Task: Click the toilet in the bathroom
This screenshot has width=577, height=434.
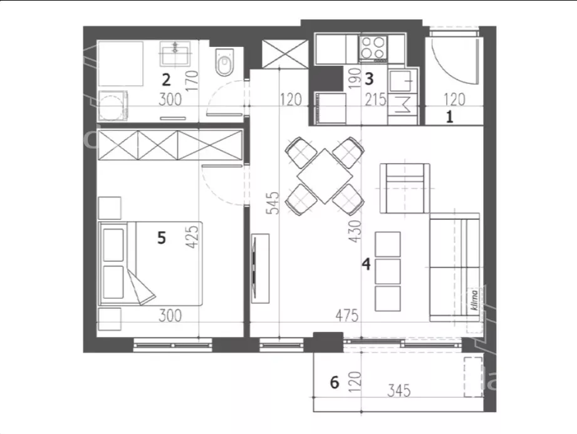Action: click(x=224, y=62)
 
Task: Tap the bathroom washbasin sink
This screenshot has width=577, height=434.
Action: click(x=175, y=54)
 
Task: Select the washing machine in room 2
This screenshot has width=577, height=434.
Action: click(x=113, y=106)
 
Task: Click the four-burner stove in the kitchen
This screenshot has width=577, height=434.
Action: click(x=373, y=48)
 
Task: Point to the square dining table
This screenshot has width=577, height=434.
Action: click(x=325, y=176)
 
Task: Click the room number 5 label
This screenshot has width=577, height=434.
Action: click(x=162, y=238)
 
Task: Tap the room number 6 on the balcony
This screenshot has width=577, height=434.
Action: click(x=335, y=383)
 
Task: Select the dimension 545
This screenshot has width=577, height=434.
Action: click(x=274, y=202)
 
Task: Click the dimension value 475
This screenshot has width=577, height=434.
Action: click(x=346, y=316)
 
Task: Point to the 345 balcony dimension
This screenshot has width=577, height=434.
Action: click(x=399, y=391)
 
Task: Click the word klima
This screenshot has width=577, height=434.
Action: click(x=474, y=300)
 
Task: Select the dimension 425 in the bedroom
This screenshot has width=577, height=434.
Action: click(x=192, y=237)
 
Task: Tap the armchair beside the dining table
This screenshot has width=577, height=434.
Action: click(x=405, y=189)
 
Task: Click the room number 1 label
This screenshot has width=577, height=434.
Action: click(x=449, y=117)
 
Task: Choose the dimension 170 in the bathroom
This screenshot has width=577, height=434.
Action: click(x=192, y=81)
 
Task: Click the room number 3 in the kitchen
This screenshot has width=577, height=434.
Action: click(x=369, y=79)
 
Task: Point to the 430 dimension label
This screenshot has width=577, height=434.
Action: click(x=355, y=231)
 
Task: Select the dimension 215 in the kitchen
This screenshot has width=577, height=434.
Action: click(x=375, y=100)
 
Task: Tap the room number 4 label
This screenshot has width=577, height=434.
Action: click(x=366, y=264)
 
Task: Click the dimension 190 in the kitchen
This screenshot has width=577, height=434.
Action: click(x=355, y=78)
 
